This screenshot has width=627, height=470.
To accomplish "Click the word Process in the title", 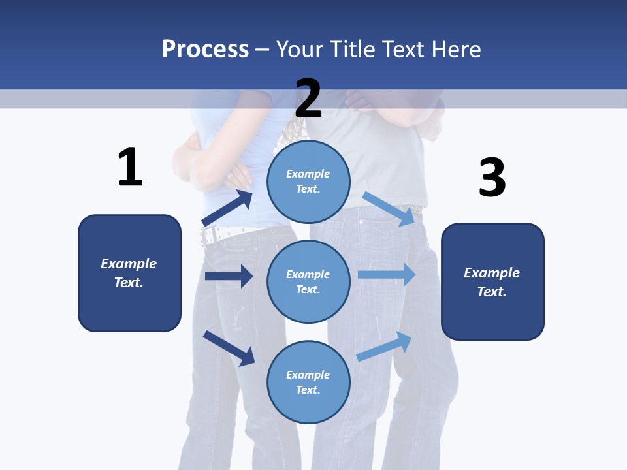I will [x=205, y=49].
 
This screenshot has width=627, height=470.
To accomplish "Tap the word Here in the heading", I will [x=457, y=49].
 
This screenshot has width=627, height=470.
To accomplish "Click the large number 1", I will [x=130, y=167].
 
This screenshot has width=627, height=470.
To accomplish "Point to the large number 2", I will [x=308, y=99].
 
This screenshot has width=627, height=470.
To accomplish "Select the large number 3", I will [x=492, y=178].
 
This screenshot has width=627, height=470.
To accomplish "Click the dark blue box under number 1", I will [x=129, y=273].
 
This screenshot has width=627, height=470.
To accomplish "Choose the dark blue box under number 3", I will [x=492, y=282].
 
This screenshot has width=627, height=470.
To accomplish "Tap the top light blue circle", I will [x=308, y=181].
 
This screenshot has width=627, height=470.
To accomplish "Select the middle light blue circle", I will [x=308, y=281].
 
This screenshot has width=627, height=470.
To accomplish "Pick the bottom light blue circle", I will [x=308, y=382].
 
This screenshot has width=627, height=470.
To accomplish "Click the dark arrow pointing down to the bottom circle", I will [x=229, y=348].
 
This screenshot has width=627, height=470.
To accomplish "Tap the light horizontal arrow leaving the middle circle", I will [x=386, y=274].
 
